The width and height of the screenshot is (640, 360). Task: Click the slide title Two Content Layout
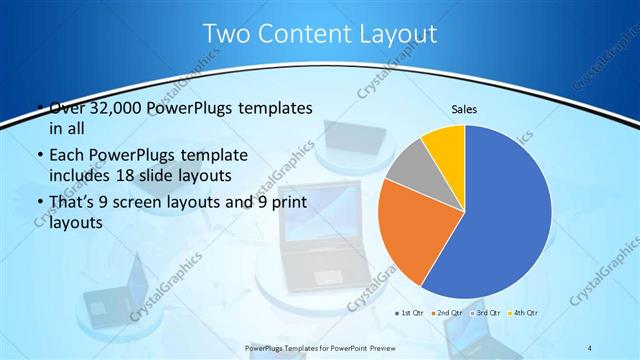click(x=319, y=33)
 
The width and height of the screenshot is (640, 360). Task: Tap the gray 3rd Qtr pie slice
click(x=405, y=170)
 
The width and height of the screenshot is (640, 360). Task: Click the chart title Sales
click(x=463, y=108)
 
